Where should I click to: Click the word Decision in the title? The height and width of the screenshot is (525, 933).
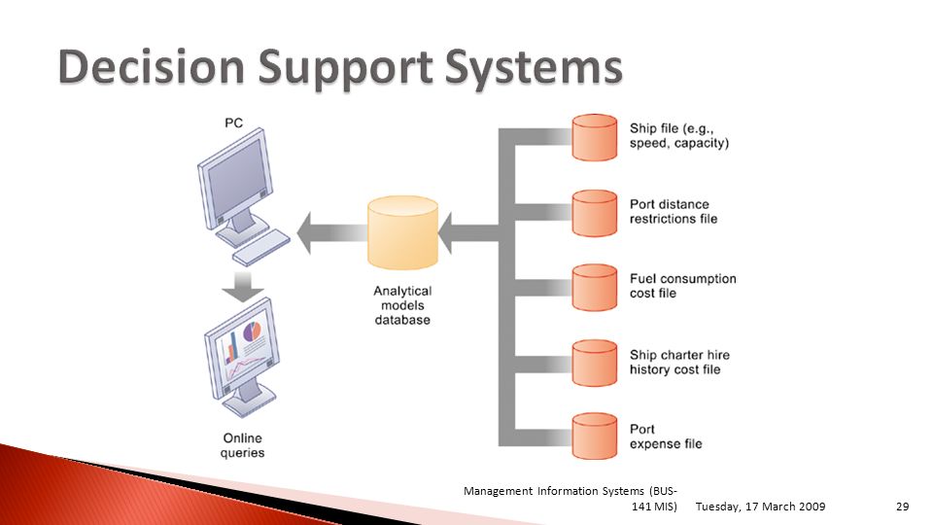tap(152, 66)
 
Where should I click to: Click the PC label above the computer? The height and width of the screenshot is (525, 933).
tap(234, 123)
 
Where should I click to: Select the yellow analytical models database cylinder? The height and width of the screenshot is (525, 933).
tap(402, 232)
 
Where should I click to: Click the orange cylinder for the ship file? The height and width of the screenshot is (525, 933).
tap(595, 137)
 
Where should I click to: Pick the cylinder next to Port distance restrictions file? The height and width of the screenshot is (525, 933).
tap(595, 214)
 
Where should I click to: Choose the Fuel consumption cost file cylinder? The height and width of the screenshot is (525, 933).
tap(595, 288)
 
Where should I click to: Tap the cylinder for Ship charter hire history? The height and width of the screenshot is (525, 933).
tap(595, 363)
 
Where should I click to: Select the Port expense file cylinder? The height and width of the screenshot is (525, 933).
tap(595, 437)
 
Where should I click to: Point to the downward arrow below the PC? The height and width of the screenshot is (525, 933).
tap(243, 287)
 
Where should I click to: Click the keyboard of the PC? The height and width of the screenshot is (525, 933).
tap(261, 248)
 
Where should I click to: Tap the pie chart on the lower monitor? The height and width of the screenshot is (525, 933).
tap(253, 331)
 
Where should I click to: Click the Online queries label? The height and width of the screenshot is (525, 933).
tap(243, 445)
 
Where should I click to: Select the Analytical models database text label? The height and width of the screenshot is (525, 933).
tap(402, 305)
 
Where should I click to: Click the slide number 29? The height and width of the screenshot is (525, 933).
tap(902, 507)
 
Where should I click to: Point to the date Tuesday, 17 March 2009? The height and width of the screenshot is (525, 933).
tap(760, 507)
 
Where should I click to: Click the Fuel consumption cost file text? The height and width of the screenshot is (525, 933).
tap(683, 286)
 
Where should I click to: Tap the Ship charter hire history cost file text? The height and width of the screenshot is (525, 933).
tap(679, 362)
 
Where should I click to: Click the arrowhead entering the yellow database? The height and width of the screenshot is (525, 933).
tap(445, 233)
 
